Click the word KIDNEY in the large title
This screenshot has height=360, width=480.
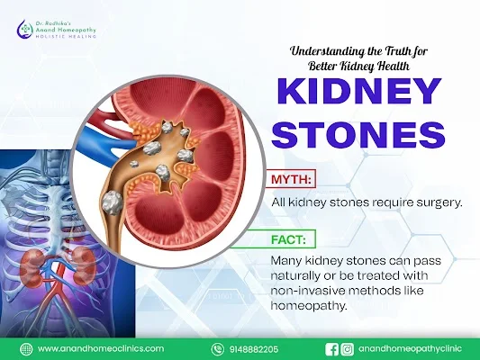359,91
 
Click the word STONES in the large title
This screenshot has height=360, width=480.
358,134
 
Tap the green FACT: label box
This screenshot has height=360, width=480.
288,238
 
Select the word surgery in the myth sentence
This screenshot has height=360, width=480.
439,202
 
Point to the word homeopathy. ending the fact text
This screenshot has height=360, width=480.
310,306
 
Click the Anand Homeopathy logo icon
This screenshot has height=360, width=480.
25,29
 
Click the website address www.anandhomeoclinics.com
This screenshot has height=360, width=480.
101,348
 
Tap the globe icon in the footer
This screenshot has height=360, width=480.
26,349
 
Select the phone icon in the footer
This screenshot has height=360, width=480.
217,349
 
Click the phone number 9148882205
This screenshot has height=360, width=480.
253,349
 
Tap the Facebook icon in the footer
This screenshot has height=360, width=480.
331,349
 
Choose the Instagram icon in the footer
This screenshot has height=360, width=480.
347,349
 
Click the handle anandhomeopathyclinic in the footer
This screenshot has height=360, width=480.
410,349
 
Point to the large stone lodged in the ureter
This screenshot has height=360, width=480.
113,202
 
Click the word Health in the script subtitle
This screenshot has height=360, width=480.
394,67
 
